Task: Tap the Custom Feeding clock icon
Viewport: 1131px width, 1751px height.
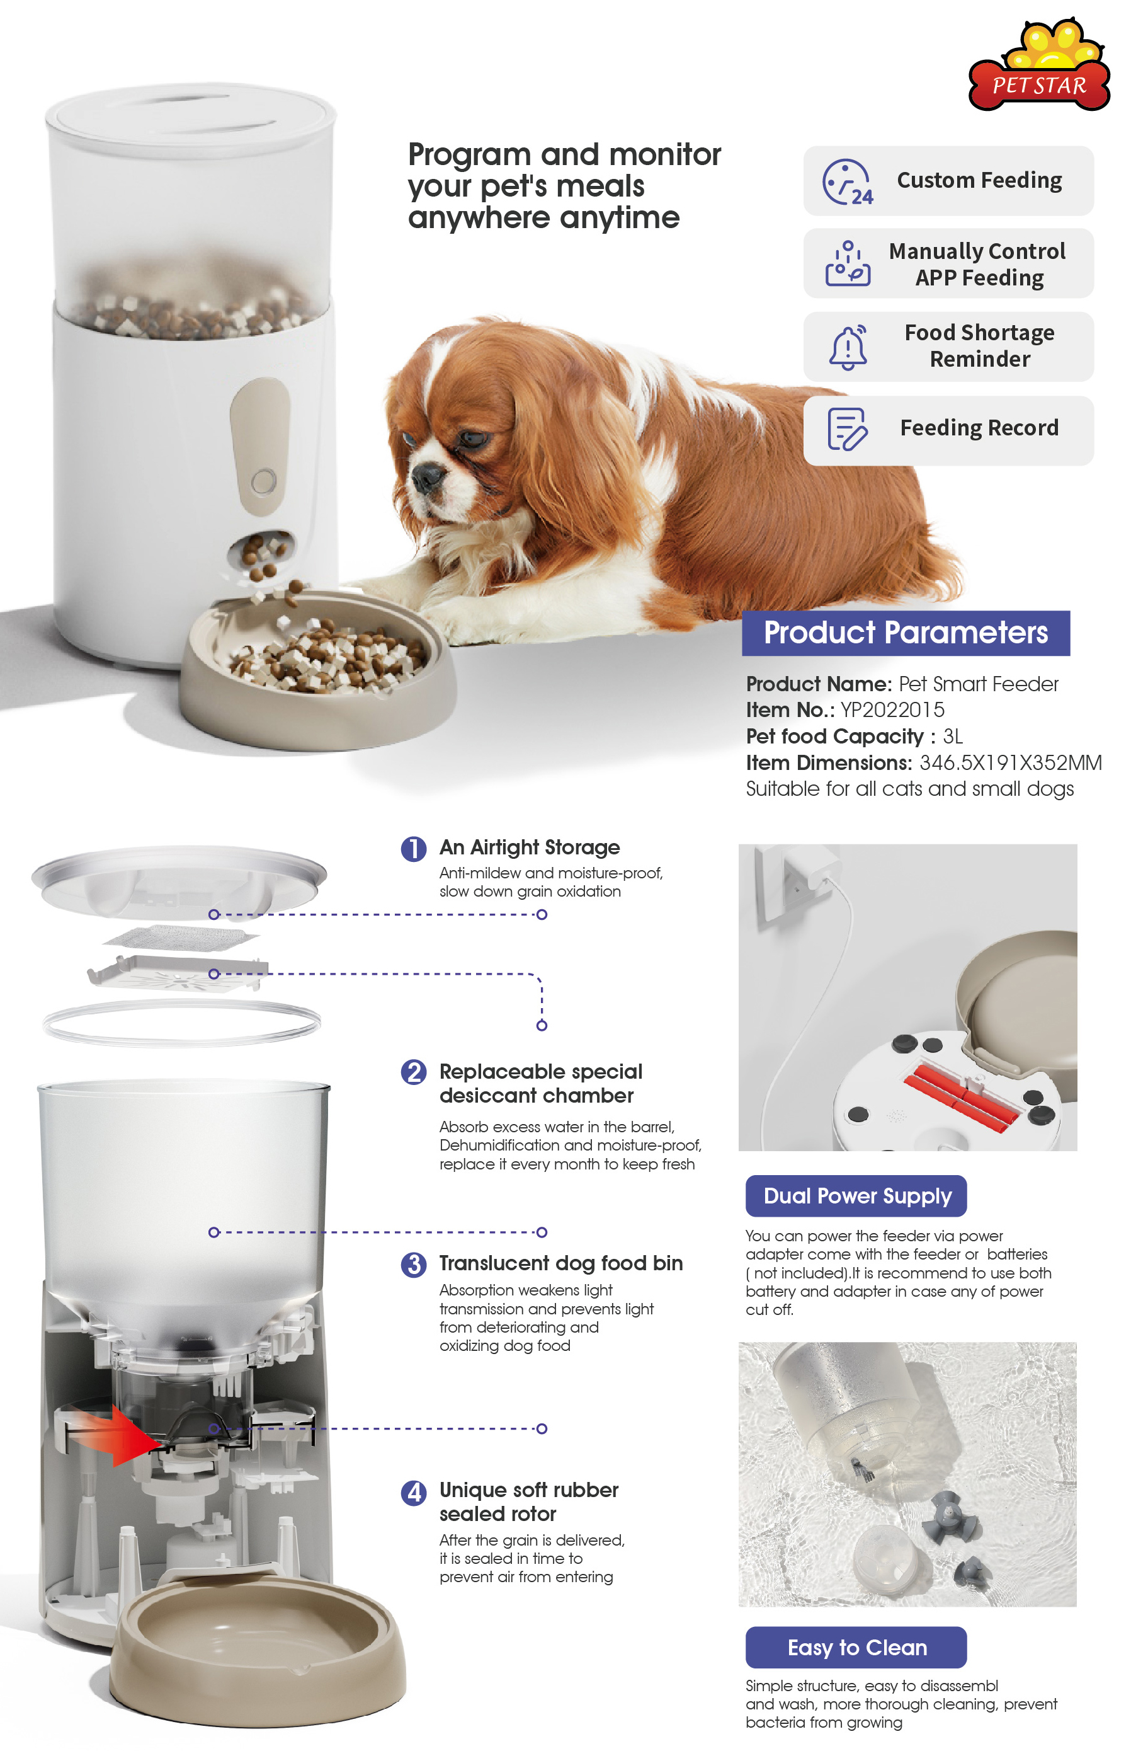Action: [x=847, y=181]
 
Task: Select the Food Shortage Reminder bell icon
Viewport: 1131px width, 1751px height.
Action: [x=848, y=347]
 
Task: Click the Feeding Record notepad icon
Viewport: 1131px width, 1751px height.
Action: [x=847, y=428]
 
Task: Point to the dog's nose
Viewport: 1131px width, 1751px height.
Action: [x=424, y=478]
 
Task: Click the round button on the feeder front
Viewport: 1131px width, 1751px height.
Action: [x=264, y=482]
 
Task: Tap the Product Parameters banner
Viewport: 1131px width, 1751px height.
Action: [x=905, y=633]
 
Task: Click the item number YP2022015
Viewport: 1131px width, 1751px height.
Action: [x=892, y=710]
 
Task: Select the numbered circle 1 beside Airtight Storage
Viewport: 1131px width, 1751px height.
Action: [x=414, y=849]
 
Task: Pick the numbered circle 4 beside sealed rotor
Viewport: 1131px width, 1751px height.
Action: [x=414, y=1493]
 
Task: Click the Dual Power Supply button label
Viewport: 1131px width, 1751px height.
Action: [x=856, y=1195]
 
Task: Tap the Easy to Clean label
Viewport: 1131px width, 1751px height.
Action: [x=856, y=1648]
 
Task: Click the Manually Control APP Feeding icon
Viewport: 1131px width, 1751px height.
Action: [x=847, y=264]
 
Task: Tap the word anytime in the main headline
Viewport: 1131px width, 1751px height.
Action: [x=618, y=218]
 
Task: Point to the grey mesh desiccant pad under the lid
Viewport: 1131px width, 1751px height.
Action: [x=181, y=938]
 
